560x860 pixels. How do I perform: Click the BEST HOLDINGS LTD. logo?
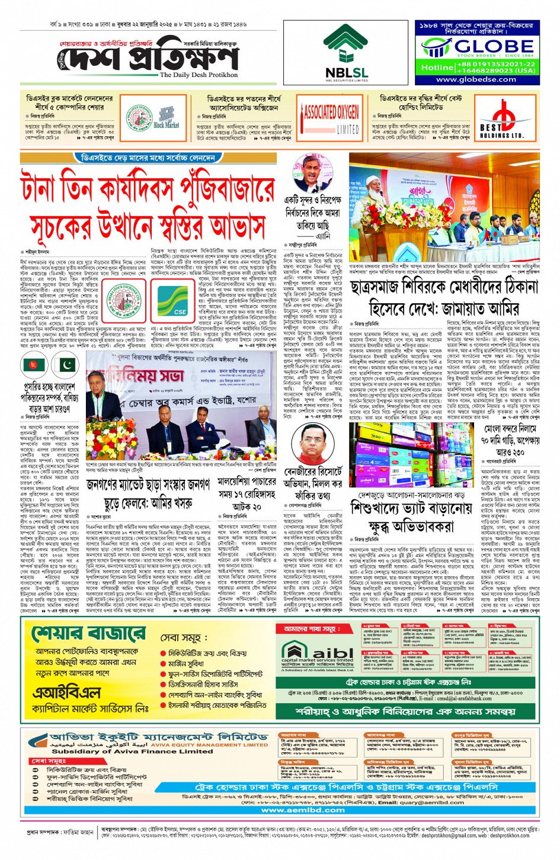502,122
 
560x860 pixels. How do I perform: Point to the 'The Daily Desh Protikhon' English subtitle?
199,75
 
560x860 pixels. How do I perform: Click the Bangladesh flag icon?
32,365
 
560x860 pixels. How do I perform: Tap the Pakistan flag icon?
66,365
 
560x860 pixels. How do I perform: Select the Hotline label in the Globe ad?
437,68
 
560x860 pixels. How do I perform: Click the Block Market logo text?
166,126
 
